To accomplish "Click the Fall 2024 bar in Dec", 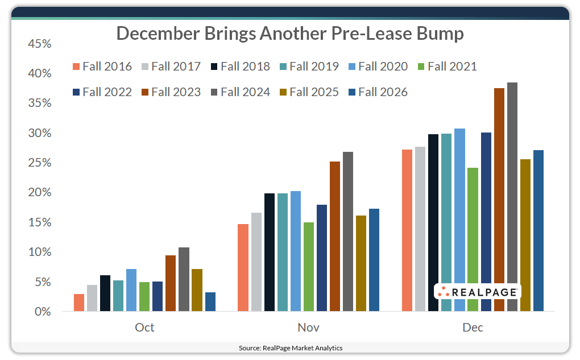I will click(512, 197).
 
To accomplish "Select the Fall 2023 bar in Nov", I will click(335, 237).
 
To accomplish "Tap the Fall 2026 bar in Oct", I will click(210, 302).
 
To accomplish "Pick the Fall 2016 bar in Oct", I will click(79, 303).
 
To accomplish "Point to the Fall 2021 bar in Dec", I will click(473, 239).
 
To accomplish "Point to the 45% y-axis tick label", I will click(39, 44).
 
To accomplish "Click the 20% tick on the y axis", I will click(39, 193).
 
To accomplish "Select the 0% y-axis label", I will click(43, 312).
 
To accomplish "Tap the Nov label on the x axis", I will click(308, 328).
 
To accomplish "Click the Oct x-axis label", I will click(144, 328).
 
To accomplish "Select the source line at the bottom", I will click(290, 347).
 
